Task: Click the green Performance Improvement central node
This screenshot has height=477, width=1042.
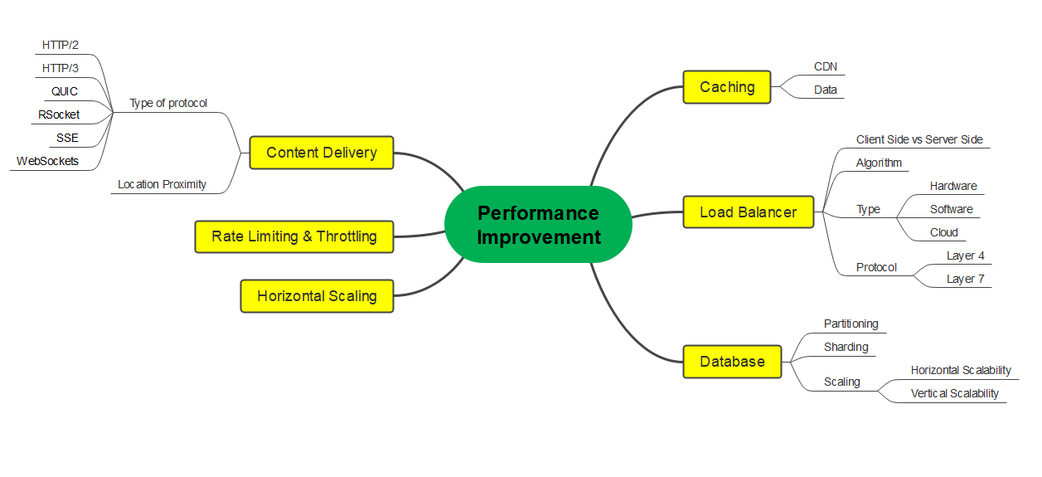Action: tap(538, 224)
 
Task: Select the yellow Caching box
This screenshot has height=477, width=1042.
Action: tap(727, 87)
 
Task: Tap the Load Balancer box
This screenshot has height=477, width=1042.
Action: tap(748, 212)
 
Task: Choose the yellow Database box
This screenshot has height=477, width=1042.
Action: tap(732, 362)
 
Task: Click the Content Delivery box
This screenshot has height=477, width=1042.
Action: tap(322, 153)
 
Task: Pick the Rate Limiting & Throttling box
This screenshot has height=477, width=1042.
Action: tap(294, 237)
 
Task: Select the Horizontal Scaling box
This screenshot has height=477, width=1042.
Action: tap(317, 296)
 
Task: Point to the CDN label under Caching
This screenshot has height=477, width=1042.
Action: tap(825, 66)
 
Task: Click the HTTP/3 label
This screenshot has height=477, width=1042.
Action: tap(60, 68)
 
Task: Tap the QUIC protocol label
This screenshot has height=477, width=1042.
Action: tap(64, 92)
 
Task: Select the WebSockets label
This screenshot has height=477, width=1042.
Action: tap(47, 161)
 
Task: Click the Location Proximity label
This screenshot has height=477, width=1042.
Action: tap(162, 184)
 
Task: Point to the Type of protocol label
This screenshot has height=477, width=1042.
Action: tap(168, 104)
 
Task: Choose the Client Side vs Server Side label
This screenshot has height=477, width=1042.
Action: tap(919, 139)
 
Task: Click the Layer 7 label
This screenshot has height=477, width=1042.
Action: tap(965, 279)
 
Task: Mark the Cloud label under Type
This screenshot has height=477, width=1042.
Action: tap(944, 232)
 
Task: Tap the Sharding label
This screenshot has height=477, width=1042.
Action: tap(846, 347)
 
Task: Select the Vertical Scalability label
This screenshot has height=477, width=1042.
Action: tap(955, 394)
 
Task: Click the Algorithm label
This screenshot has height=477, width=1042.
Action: tap(879, 163)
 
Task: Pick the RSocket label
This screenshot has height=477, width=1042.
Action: tap(59, 114)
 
